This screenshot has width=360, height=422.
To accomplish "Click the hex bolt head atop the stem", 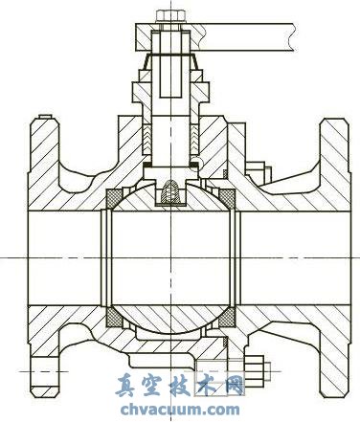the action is point(170,16).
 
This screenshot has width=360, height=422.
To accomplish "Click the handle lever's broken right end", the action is point(293,37).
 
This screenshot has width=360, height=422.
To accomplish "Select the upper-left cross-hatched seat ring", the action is point(114,198).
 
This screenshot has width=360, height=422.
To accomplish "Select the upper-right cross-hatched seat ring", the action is point(227,198).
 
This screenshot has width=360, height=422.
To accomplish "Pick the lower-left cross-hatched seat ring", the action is point(114,318).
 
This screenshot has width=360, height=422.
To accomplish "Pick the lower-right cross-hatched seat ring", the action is point(227,318).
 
